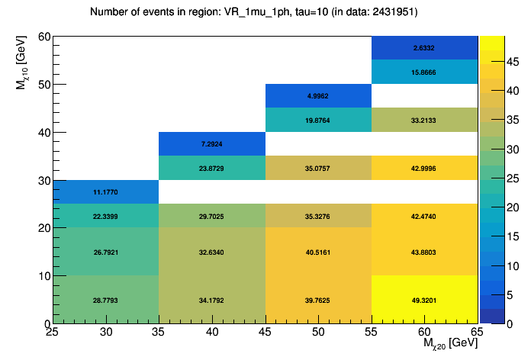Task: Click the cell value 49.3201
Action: [x=425, y=301]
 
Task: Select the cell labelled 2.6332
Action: [x=425, y=48]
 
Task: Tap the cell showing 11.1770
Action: [x=105, y=192]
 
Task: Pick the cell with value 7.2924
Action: [x=211, y=144]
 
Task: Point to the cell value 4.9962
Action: [x=318, y=96]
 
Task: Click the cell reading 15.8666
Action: [x=425, y=72]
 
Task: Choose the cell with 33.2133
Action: [x=425, y=120]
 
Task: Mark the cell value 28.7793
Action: [x=105, y=301]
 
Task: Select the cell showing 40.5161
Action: [x=318, y=252]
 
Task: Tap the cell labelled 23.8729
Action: [x=211, y=168]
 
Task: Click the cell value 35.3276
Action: [x=318, y=216]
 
